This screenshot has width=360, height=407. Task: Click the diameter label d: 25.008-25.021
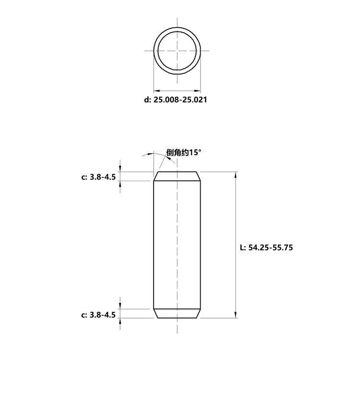pyautogui.click(x=176, y=99)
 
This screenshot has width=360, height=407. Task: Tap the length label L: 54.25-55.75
pyautogui.click(x=266, y=247)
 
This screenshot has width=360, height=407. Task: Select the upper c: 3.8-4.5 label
pyautogui.click(x=98, y=177)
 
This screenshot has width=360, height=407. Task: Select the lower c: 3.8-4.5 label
pyautogui.click(x=98, y=315)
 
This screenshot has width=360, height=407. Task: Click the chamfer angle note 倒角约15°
pyautogui.click(x=184, y=152)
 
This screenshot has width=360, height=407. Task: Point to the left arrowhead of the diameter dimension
pyautogui.click(x=156, y=91)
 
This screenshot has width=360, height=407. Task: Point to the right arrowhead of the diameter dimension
pyautogui.click(x=198, y=91)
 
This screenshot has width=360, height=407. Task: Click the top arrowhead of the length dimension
pyautogui.click(x=236, y=175)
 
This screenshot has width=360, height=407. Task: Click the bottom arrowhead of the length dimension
pyautogui.click(x=236, y=315)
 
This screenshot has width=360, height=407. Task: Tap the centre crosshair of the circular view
pyautogui.click(x=177, y=50)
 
